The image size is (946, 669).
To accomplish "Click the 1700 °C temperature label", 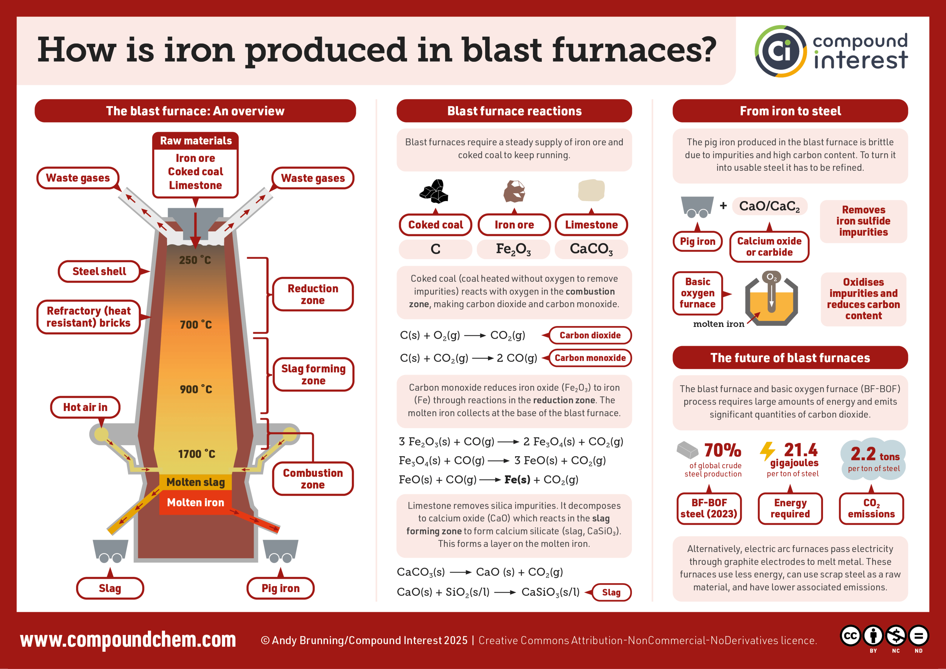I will coord(196,454).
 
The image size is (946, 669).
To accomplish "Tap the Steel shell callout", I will coord(99,271).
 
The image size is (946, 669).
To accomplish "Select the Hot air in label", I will coord(85,407).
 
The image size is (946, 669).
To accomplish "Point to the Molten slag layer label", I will coord(196,482).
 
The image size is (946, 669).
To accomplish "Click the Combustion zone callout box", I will coord(313,479).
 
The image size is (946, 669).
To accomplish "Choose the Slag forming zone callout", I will coord(313,375).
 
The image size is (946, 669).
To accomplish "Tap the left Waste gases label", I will coord(78,178).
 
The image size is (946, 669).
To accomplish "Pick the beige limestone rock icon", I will coord(591,190).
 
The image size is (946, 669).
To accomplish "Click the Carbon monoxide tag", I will coord(590,358).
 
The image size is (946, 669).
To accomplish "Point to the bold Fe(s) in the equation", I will coord(517,480).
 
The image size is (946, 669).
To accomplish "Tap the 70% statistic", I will coord(722,450).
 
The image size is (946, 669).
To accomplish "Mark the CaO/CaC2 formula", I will coord(769,206).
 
